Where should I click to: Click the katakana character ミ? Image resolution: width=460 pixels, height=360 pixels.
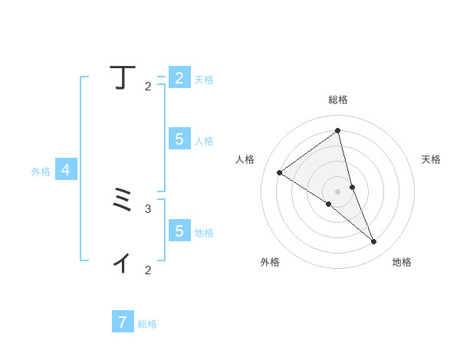coord(121,201)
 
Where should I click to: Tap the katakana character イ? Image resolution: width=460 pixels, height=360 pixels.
coord(121,263)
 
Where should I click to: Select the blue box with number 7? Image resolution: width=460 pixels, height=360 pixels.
coord(123,322)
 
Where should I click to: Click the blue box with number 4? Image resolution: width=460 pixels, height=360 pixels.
coord(66,170)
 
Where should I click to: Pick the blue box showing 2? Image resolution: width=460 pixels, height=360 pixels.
coord(179,78)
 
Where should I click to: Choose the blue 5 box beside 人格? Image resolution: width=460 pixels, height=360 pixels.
coord(179,139)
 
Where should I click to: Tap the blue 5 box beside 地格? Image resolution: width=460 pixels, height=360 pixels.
coord(179,231)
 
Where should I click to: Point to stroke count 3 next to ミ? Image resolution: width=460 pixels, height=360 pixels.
coord(148,208)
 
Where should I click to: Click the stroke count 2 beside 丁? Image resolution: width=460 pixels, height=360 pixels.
coord(148,87)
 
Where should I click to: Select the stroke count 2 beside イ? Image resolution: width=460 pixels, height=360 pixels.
coord(148,270)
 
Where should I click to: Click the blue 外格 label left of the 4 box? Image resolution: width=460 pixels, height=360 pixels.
coord(41,172)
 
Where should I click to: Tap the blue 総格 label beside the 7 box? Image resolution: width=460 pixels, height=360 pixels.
coord(147,324)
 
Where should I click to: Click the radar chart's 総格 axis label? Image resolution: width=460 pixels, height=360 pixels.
coord(338,100)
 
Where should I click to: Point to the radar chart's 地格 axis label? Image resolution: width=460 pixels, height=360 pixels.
coord(402,262)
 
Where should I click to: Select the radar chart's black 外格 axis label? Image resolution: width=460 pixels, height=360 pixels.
coord(270,262)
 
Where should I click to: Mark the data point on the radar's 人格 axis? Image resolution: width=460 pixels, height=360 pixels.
coord(279,172)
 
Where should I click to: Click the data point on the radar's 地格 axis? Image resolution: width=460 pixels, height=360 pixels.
coord(374,242)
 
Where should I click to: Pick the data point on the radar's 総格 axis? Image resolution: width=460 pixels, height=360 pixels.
coord(337,130)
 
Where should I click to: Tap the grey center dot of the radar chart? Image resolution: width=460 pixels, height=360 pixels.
coord(337,191)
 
